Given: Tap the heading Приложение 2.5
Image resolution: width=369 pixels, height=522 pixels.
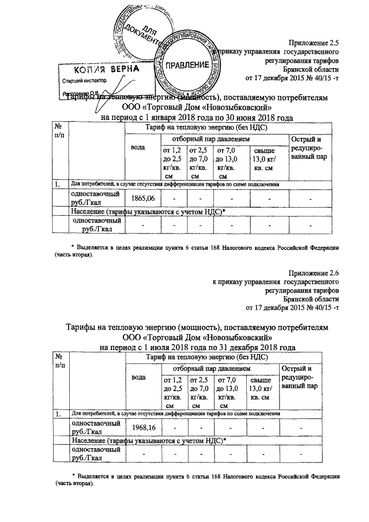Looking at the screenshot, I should pyautogui.click(x=314, y=43).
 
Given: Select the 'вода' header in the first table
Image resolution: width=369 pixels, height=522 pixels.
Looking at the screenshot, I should pyautogui.click(x=138, y=148).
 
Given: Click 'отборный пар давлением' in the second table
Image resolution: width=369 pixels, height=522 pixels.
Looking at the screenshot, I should pyautogui.click(x=217, y=367).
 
